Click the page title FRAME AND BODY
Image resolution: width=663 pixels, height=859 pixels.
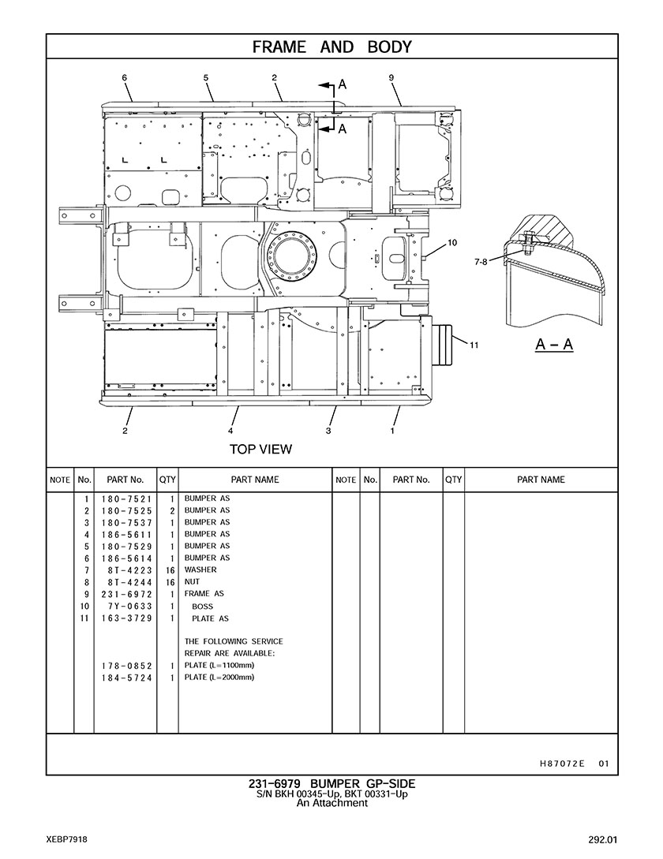(x=331, y=47)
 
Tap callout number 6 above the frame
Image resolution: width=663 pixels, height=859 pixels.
(x=125, y=78)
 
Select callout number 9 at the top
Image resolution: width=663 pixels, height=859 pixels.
(x=391, y=78)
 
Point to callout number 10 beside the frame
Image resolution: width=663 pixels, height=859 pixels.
(x=452, y=243)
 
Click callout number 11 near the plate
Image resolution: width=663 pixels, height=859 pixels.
(x=474, y=345)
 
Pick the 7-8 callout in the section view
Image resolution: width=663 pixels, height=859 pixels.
(x=481, y=262)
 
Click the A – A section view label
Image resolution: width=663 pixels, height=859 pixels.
(x=554, y=345)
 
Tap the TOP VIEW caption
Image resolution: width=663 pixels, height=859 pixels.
(x=260, y=450)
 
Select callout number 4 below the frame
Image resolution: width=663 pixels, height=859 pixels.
(x=231, y=431)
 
